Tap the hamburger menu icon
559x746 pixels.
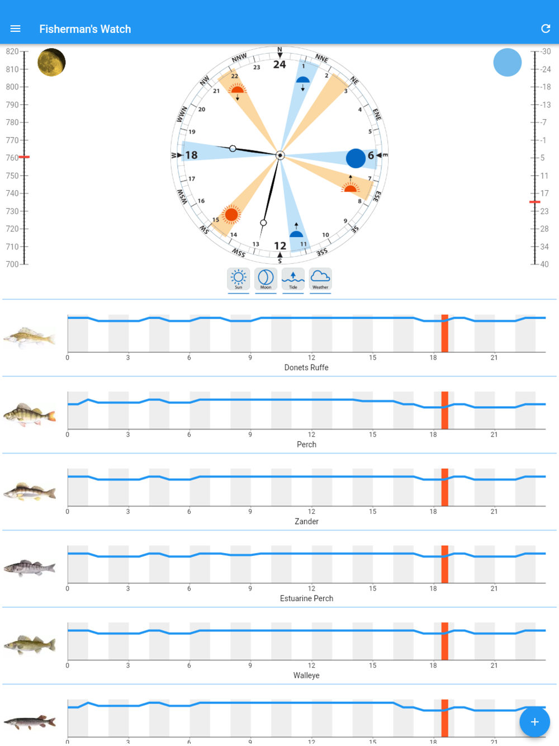coord(15,29)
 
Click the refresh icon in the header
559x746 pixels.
coord(546,29)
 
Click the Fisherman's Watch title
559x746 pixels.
coord(85,29)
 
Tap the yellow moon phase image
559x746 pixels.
coord(51,62)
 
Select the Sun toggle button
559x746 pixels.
coord(238,279)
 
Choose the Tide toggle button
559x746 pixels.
coord(293,279)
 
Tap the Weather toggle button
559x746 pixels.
coord(320,279)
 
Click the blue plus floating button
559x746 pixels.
coord(534,722)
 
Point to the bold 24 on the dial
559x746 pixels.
coord(279,64)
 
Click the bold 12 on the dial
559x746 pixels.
coord(280,245)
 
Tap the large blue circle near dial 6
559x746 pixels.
coord(356,158)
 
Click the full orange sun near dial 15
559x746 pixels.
coord(231,215)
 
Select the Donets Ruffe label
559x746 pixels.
coord(306,367)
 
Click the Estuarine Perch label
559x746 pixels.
coord(306,598)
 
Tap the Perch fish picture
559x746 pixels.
coord(30,415)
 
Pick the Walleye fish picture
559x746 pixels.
coord(30,645)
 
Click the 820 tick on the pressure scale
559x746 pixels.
coord(12,51)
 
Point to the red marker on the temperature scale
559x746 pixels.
coord(535,202)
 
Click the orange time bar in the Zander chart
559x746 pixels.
coord(444,487)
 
